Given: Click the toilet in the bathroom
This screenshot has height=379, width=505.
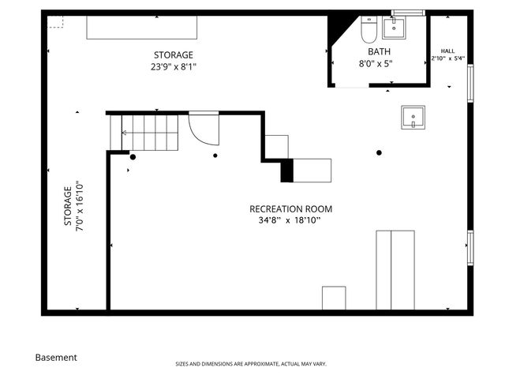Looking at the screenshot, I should (368, 30).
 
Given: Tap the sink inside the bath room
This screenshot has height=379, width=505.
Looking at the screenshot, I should (393, 29).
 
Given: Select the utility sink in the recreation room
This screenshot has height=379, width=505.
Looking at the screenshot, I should (412, 118).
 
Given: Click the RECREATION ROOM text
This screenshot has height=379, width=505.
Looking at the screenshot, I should (290, 209).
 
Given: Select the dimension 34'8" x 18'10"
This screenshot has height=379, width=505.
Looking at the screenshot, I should (290, 221).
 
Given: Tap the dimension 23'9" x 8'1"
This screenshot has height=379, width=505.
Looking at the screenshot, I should (173, 67).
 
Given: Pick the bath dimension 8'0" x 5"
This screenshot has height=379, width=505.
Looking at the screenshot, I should (375, 63).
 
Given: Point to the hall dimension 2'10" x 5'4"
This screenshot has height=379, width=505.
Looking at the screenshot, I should (447, 58).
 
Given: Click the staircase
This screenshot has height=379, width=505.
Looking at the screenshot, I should (150, 133).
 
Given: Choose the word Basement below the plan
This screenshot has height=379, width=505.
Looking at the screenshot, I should (56, 357).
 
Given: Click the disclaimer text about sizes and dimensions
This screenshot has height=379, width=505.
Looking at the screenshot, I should (250, 364).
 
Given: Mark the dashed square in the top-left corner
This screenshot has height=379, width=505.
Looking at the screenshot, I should (56, 21).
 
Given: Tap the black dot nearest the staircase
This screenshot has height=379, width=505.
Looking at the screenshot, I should (133, 157).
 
